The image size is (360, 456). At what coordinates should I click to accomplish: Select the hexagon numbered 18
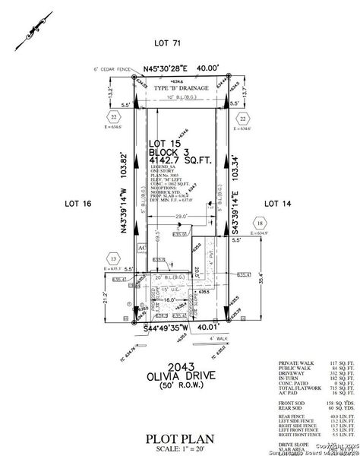[260, 223]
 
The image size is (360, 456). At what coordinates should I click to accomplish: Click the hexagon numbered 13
[114, 259]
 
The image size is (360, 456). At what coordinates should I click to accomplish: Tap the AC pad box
[140, 248]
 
